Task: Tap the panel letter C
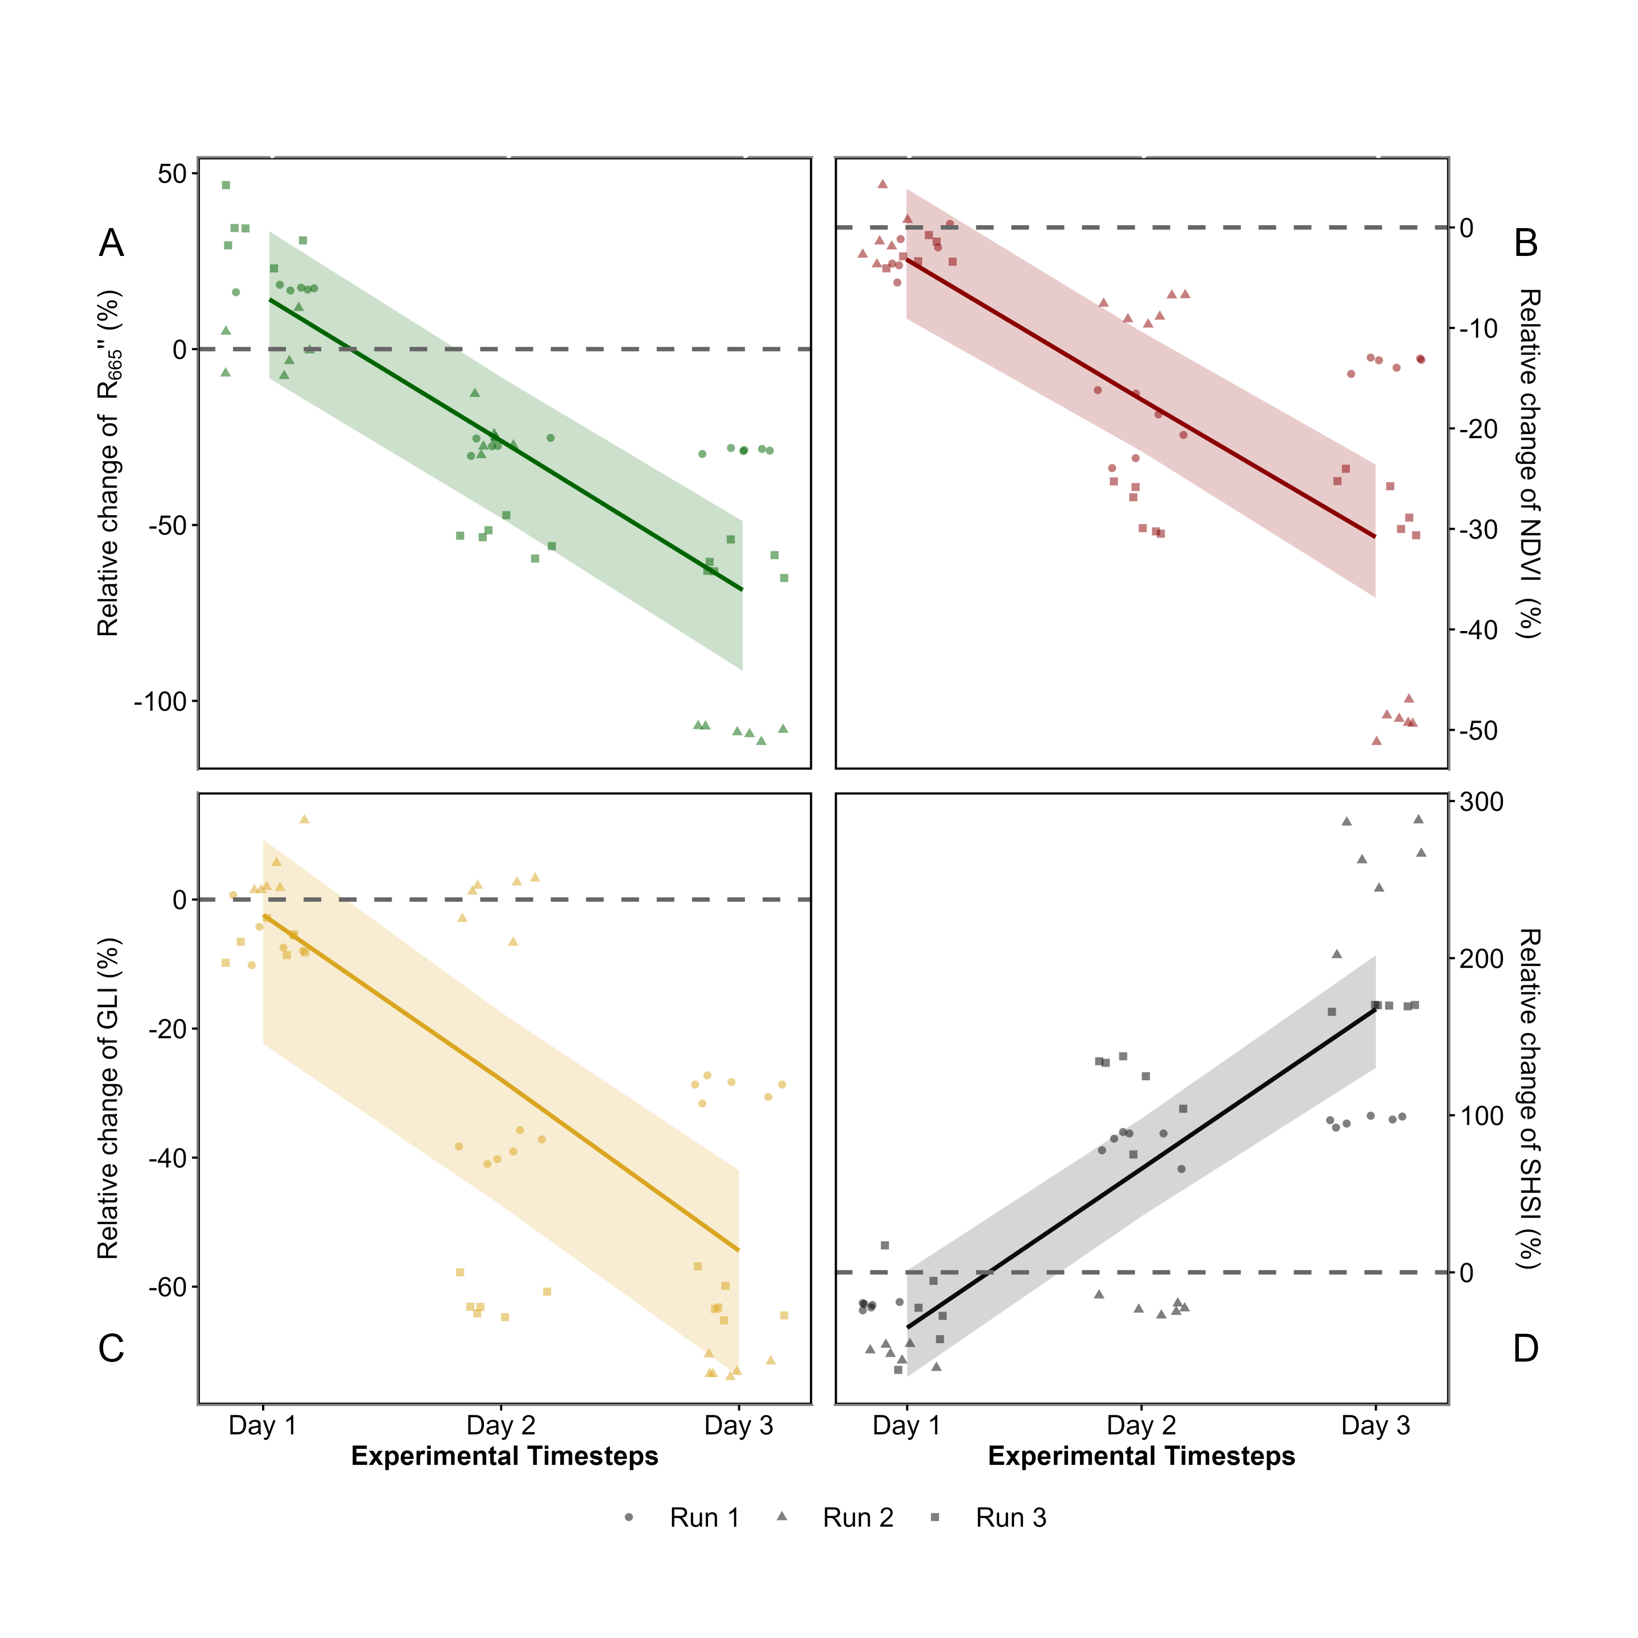pyautogui.click(x=111, y=1348)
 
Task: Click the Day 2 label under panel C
pyautogui.click(x=500, y=1425)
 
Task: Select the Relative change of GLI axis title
pyautogui.click(x=109, y=1098)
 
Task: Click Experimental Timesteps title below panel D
pyautogui.click(x=1141, y=1457)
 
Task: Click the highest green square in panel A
pyautogui.click(x=226, y=185)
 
